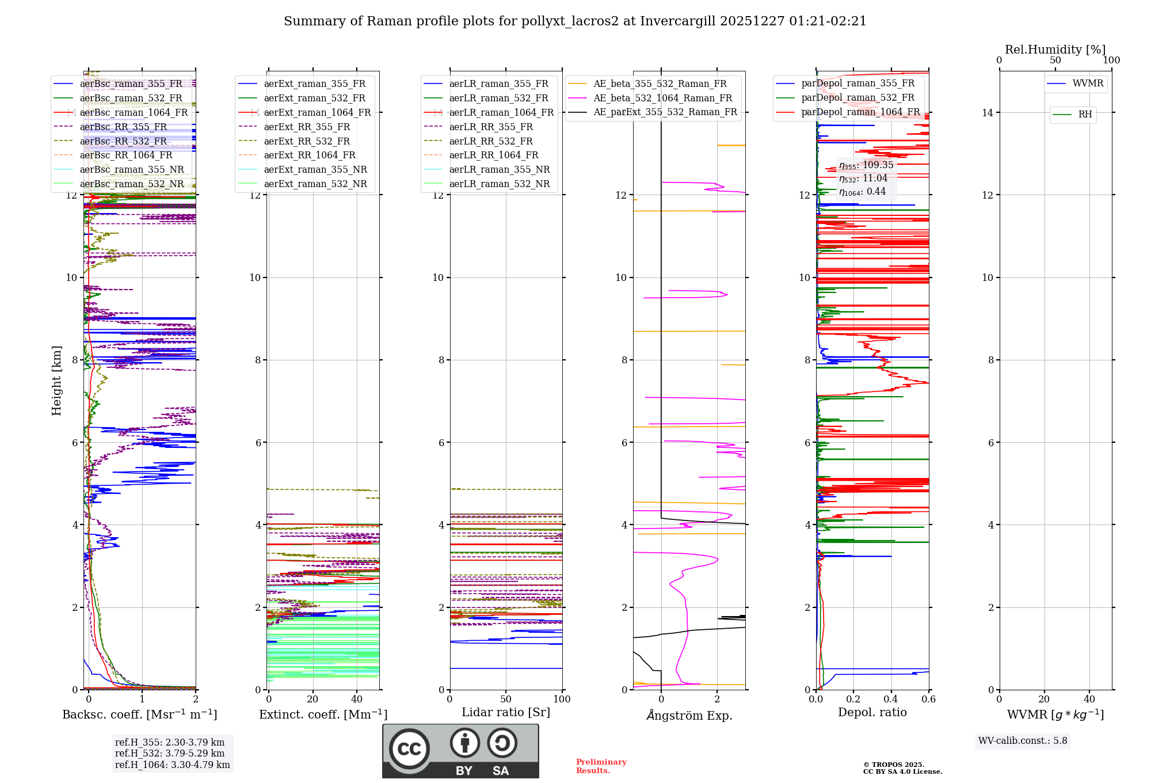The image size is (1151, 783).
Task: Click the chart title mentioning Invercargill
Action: click(575, 21)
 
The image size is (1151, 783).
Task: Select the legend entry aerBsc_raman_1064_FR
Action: click(134, 112)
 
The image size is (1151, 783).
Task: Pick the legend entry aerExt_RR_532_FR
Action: click(306, 141)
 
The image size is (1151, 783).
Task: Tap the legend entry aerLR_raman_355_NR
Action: click(499, 169)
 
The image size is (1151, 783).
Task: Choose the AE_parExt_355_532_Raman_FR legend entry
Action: click(665, 112)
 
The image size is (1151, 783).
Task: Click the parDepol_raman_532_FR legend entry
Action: click(857, 98)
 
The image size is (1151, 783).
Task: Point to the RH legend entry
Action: click(1085, 115)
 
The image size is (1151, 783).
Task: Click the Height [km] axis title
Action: click(56, 381)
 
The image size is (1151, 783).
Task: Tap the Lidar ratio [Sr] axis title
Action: click(506, 712)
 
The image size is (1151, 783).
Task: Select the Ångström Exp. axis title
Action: click(689, 715)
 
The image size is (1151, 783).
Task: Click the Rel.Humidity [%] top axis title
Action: click(1055, 50)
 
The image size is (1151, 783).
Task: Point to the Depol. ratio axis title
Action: click(872, 712)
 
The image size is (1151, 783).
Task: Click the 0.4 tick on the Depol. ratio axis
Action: click(891, 700)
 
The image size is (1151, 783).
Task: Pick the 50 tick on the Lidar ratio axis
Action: click(506, 700)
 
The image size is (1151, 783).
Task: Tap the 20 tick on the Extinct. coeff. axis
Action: click(312, 700)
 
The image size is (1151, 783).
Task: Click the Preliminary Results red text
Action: click(601, 766)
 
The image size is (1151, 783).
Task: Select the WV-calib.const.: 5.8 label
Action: click(1023, 741)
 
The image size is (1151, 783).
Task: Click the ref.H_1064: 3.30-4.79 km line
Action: click(172, 765)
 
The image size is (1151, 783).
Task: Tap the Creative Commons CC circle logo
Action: click(409, 748)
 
